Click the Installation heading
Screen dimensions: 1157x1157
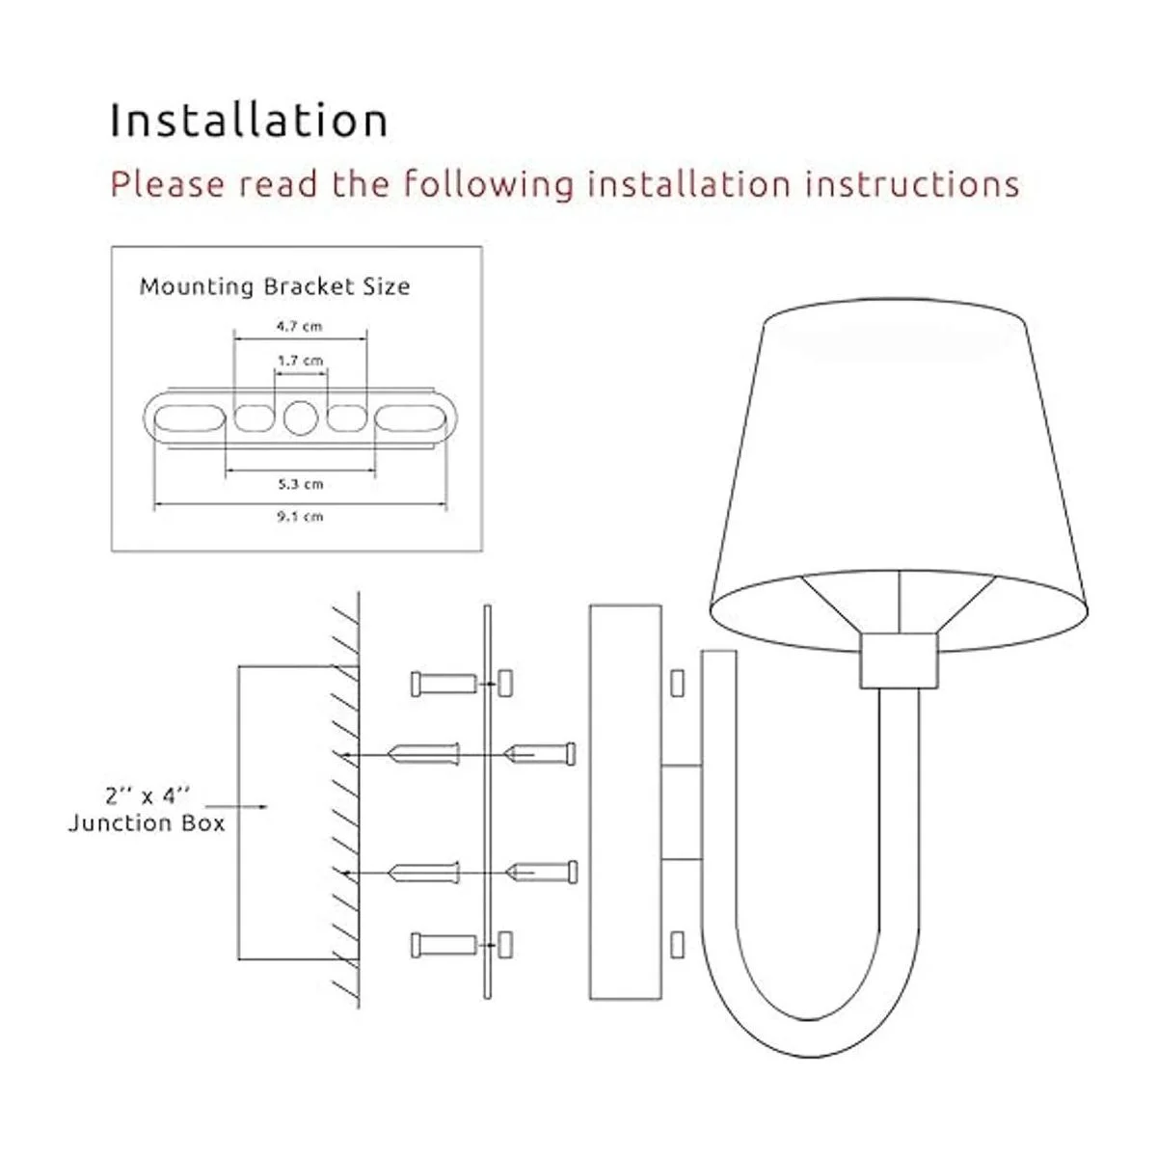pos(249,121)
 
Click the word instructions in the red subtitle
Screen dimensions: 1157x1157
pos(912,183)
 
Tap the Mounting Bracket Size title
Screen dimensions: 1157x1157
pos(275,286)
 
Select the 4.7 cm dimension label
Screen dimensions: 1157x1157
pos(300,327)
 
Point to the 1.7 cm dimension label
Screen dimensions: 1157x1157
pos(300,361)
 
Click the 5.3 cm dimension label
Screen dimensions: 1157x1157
pos(300,484)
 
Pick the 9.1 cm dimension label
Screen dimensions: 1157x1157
pos(300,517)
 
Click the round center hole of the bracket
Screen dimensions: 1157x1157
pos(300,417)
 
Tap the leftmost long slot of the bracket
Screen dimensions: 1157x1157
pos(190,417)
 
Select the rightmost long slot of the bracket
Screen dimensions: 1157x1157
pos(412,417)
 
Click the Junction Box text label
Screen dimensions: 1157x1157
pos(147,822)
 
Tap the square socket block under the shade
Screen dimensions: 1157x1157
pos(899,659)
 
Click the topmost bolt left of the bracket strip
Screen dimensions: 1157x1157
pos(444,684)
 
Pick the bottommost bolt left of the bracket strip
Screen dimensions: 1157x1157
pos(444,945)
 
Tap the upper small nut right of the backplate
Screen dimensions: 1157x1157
pos(677,683)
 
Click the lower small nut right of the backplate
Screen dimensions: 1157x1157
pos(677,945)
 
